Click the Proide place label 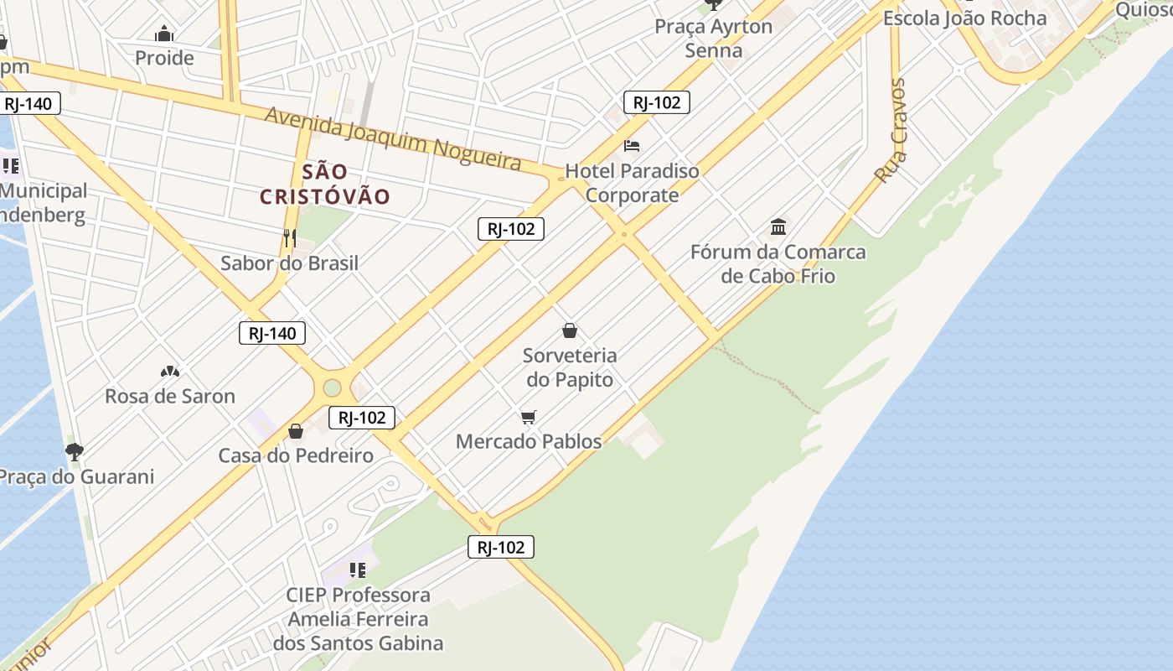pyautogui.click(x=164, y=58)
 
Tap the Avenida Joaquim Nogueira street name pyautogui.click(x=393, y=138)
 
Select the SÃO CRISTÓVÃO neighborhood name pyautogui.click(x=325, y=185)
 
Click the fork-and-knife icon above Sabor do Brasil pyautogui.click(x=289, y=237)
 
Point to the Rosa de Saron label pyautogui.click(x=170, y=396)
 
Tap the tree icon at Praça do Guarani pyautogui.click(x=75, y=452)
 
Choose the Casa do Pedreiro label pyautogui.click(x=296, y=455)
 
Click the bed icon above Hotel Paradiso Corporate pyautogui.click(x=632, y=146)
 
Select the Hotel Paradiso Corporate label pyautogui.click(x=632, y=183)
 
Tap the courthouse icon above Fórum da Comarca pyautogui.click(x=778, y=226)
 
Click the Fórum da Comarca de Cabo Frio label pyautogui.click(x=778, y=263)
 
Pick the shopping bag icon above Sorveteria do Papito pyautogui.click(x=570, y=330)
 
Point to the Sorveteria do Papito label pyautogui.click(x=570, y=367)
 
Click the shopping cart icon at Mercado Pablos pyautogui.click(x=528, y=417)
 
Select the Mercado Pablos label pyautogui.click(x=529, y=441)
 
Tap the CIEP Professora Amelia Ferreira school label pyautogui.click(x=358, y=619)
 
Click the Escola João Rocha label pyautogui.click(x=964, y=18)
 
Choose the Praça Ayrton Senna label pyautogui.click(x=714, y=38)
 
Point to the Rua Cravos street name pyautogui.click(x=891, y=131)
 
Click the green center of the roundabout pyautogui.click(x=333, y=388)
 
